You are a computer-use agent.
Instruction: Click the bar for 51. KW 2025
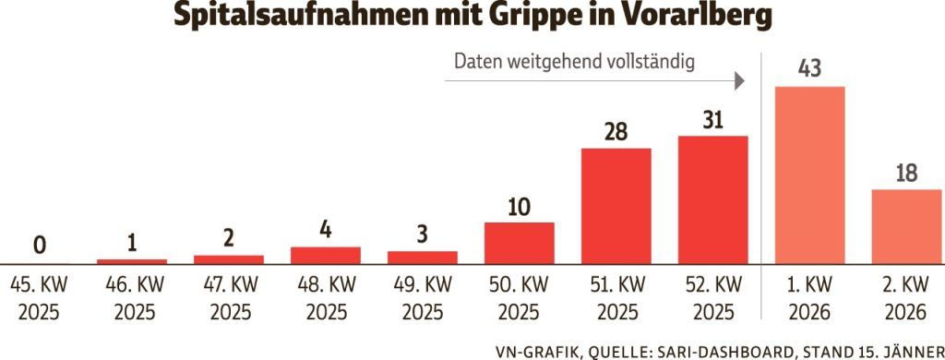[x=616, y=206]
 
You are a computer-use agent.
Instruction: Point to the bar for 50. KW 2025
[x=519, y=243]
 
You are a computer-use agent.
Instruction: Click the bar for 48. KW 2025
[x=325, y=255]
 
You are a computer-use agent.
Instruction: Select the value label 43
[x=809, y=68]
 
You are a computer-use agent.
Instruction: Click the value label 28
[x=616, y=130]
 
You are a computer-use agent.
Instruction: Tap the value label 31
[x=712, y=119]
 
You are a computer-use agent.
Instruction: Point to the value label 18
[x=906, y=173]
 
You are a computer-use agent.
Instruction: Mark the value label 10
[x=519, y=205]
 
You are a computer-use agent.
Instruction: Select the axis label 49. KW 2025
[x=422, y=298]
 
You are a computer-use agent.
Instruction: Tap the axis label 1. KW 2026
[x=809, y=298]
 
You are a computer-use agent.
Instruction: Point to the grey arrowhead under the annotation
[x=739, y=82]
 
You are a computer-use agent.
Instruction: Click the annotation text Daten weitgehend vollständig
[x=574, y=63]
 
